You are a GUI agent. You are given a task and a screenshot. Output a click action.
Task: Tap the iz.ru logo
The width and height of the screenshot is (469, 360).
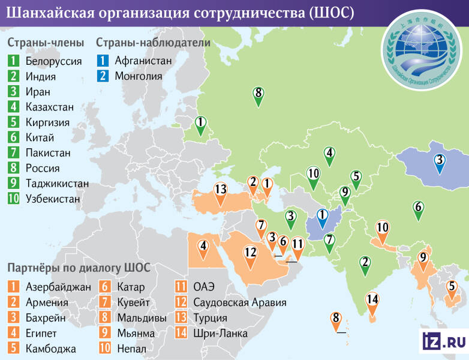pyautogui.click(x=443, y=341)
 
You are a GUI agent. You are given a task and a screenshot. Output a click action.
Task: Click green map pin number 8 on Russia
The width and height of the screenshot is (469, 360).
pyautogui.click(x=258, y=94)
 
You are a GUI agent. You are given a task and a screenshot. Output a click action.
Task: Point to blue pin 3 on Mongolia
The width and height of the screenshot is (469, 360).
pyautogui.click(x=440, y=161)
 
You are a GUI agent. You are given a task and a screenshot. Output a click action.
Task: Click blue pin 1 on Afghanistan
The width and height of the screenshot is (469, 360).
pyautogui.click(x=323, y=216)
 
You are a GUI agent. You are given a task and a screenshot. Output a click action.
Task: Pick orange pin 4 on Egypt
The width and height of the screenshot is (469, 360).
pyautogui.click(x=204, y=246)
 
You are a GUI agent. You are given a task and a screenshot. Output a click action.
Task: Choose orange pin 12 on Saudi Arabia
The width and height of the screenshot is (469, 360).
pyautogui.click(x=251, y=253)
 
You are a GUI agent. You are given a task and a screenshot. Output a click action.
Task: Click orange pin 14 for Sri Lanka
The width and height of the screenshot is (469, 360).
pyautogui.click(x=373, y=300)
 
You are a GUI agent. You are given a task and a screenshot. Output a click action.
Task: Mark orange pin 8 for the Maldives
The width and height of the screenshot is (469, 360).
pyautogui.click(x=336, y=319)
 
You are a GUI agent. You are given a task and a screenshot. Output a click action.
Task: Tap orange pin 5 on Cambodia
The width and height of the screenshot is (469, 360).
pyautogui.click(x=451, y=287)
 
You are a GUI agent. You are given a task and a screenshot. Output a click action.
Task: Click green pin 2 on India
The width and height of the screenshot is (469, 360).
pyautogui.click(x=365, y=263)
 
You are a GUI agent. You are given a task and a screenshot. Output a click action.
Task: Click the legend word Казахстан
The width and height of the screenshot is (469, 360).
pyautogui.click(x=50, y=107)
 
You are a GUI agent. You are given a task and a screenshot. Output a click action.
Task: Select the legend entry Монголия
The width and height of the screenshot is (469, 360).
pyautogui.click(x=139, y=76)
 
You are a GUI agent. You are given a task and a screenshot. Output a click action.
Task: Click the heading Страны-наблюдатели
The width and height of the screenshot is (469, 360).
pyautogui.click(x=153, y=43)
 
